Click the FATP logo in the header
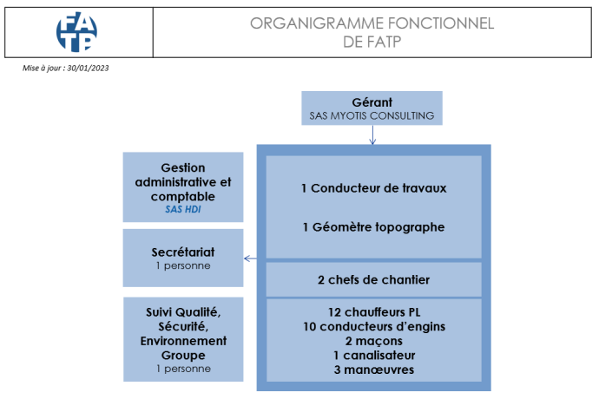[x=76, y=32]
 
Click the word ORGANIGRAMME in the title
[x=317, y=23]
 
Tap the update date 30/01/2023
[x=88, y=68]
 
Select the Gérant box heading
[x=372, y=102]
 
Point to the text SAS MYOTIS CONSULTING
[x=372, y=115]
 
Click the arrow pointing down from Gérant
[x=372, y=134]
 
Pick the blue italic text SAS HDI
[x=183, y=209]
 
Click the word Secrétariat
[x=183, y=252]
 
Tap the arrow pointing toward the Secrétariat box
[x=250, y=258]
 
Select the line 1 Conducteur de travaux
[x=373, y=188]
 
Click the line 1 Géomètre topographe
[x=373, y=227]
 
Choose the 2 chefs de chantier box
[x=373, y=280]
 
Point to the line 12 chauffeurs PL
[x=374, y=312]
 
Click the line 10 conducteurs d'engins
[x=374, y=326]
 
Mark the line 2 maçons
[x=374, y=341]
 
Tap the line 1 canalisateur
[x=374, y=356]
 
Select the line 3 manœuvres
[x=374, y=370]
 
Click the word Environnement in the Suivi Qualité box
[x=183, y=341]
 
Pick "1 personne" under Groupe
[x=183, y=369]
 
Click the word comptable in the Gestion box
[x=183, y=197]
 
